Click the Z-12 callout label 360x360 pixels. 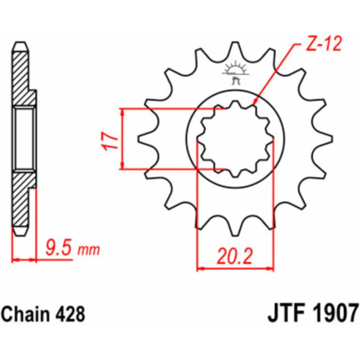pos(324,44)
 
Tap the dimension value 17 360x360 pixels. pos(110,141)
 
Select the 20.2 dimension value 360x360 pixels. pos(235,256)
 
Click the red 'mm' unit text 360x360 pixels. pos(89,250)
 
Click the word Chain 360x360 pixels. pos(26,314)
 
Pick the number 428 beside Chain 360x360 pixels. pos(70,314)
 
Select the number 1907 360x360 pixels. pos(335,313)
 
